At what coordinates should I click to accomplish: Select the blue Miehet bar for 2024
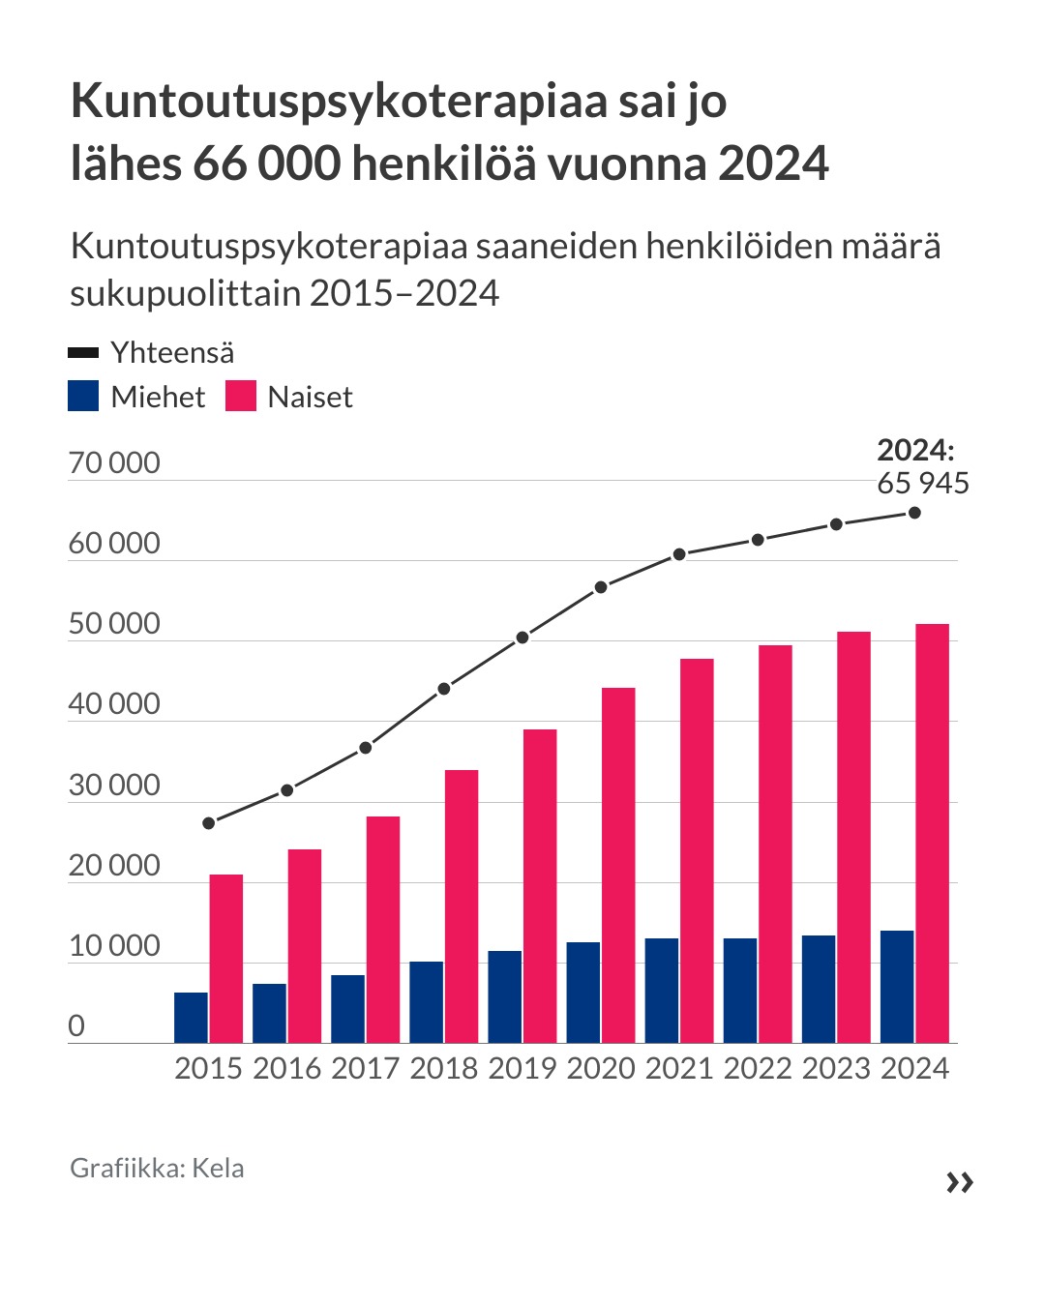(x=897, y=987)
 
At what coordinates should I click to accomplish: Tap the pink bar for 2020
(x=618, y=865)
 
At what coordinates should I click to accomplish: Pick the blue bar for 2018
(x=427, y=1002)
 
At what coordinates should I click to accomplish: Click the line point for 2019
(x=522, y=638)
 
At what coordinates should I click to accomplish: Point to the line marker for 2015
(x=209, y=823)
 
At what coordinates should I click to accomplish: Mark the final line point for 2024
(x=914, y=513)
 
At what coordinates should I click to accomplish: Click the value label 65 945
(x=923, y=483)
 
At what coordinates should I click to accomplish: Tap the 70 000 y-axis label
(x=114, y=463)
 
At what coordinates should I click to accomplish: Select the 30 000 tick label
(x=114, y=785)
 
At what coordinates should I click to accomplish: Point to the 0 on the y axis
(x=76, y=1025)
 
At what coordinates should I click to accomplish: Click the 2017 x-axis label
(x=365, y=1068)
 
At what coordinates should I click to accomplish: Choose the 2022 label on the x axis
(x=758, y=1068)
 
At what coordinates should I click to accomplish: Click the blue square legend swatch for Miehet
(x=83, y=397)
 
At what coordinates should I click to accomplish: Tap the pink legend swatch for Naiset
(x=241, y=397)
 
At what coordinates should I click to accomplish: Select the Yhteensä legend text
(x=172, y=352)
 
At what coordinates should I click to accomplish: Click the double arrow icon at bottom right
(x=960, y=1182)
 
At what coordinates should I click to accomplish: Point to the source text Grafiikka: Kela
(x=157, y=1169)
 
